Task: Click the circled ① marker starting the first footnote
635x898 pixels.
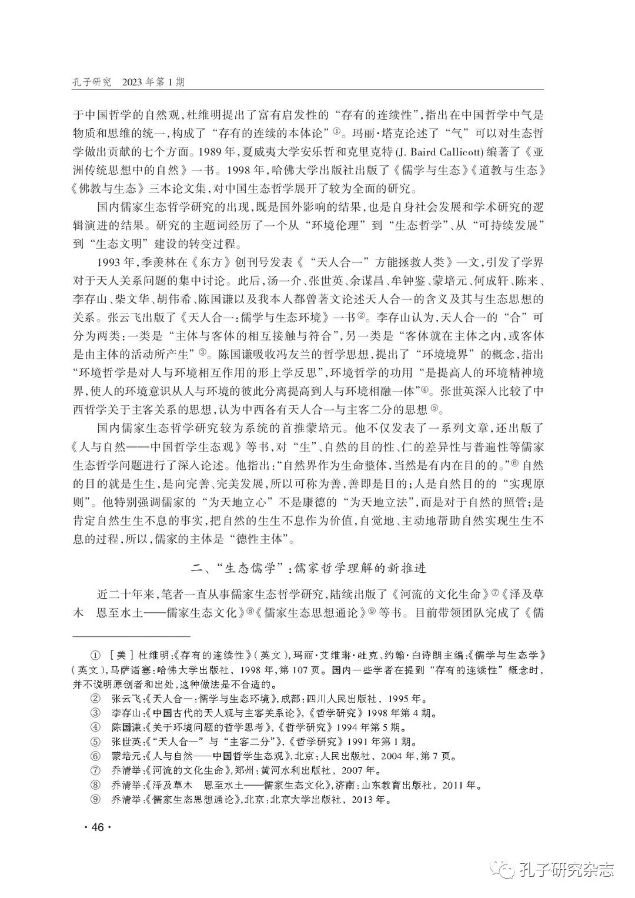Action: click(x=94, y=655)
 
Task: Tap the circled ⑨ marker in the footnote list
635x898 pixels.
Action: click(x=94, y=800)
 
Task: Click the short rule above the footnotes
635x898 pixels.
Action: click(x=131, y=636)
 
